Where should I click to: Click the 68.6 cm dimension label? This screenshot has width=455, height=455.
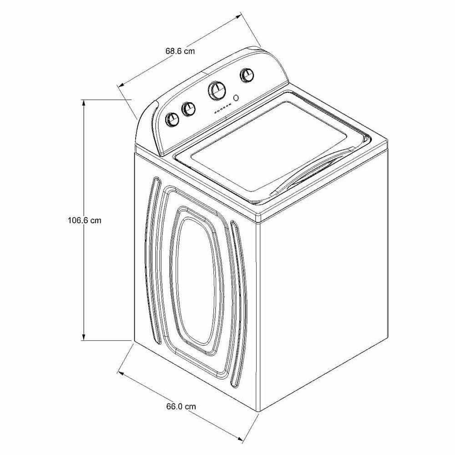tap(180, 51)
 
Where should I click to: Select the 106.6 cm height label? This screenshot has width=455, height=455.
tap(85, 220)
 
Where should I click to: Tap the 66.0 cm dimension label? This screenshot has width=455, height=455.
tap(181, 406)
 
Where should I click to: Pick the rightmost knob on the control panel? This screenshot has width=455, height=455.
tap(247, 76)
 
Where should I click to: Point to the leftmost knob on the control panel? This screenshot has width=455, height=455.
tap(172, 119)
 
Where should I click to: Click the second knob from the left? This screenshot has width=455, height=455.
tap(188, 109)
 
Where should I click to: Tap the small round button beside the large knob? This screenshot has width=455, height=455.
tap(236, 98)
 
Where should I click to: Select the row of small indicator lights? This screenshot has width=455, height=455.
tap(223, 108)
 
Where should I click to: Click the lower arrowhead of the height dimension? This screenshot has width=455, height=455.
tap(84, 337)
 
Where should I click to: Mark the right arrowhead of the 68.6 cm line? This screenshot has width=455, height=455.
tap(238, 16)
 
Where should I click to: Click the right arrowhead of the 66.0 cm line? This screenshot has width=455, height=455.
tap(239, 439)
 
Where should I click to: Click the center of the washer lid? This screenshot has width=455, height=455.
tap(268, 147)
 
